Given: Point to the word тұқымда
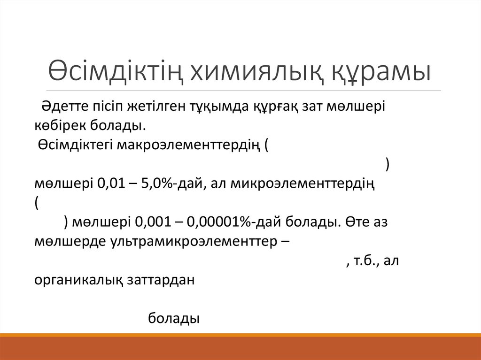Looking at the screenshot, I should click(216, 106).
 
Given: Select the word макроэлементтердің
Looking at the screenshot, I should click(188, 145).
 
